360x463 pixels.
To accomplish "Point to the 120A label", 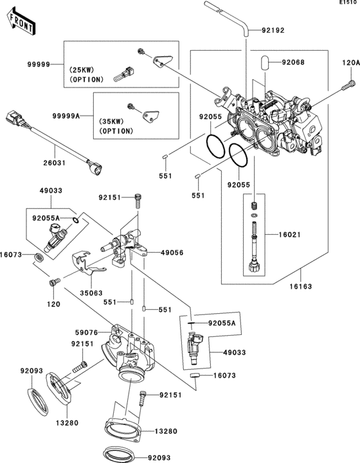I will (x=350, y=62).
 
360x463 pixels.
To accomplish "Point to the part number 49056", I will (x=172, y=253).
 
